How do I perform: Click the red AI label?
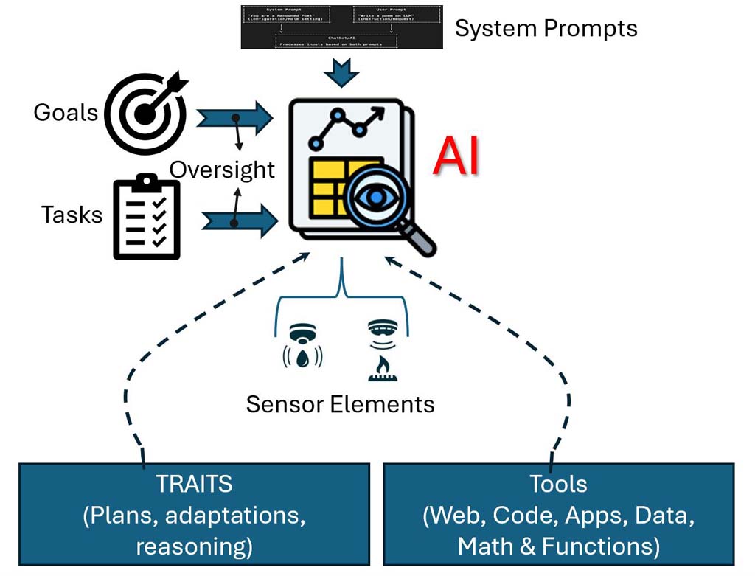click(456, 156)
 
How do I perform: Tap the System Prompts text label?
click(546, 29)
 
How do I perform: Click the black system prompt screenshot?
click(341, 27)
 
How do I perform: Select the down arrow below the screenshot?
click(341, 72)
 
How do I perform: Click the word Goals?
click(66, 113)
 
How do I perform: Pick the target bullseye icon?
click(145, 113)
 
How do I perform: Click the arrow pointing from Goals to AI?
click(234, 118)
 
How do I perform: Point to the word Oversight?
click(222, 170)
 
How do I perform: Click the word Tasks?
click(72, 215)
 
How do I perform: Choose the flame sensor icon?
click(381, 346)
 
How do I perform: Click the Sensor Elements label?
click(340, 403)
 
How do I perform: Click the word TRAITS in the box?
click(193, 484)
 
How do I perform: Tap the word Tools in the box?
click(558, 484)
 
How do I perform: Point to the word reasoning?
click(194, 546)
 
